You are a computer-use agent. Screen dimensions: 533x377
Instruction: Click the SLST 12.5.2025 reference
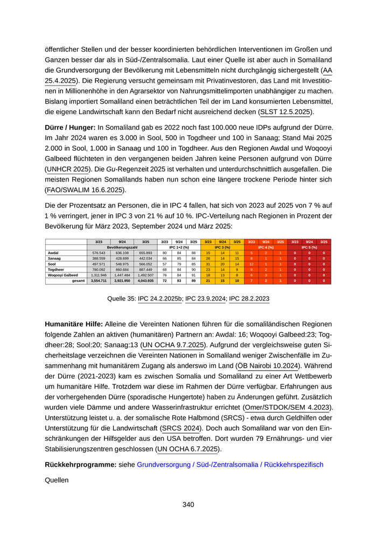(x=285, y=112)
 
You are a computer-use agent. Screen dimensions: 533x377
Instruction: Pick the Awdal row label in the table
(x=53, y=253)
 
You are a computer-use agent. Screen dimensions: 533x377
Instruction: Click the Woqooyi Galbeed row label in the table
(x=63, y=275)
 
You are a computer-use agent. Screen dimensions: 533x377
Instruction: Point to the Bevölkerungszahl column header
(x=122, y=247)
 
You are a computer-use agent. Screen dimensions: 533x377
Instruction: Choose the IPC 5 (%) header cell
(x=309, y=247)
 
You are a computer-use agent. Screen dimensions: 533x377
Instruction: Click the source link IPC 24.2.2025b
(x=160, y=298)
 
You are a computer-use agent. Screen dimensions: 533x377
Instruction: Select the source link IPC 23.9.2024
(x=205, y=298)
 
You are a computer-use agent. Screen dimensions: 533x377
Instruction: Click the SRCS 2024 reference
(x=180, y=428)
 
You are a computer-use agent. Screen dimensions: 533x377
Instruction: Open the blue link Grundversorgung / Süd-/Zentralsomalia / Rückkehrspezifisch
(x=230, y=464)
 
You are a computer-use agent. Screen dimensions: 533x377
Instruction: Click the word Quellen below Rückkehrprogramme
(x=57, y=480)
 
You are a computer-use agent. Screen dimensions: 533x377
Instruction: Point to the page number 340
(x=188, y=504)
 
